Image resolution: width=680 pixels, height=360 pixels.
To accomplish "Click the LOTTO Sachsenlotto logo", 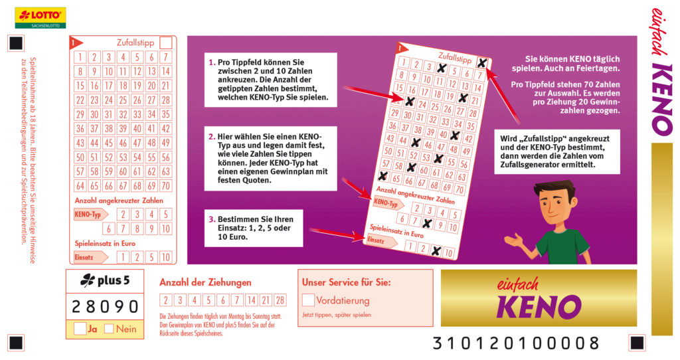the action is pos(41,18).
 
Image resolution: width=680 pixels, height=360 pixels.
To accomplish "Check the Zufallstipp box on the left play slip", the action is pos(165,43).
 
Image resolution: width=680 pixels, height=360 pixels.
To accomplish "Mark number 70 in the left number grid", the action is pos(165,185).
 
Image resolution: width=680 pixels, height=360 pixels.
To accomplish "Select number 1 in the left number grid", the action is pos(80,57).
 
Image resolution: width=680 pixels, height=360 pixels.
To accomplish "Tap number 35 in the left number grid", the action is pos(165,114).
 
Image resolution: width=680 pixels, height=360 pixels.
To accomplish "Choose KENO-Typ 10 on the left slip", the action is pos(165,228).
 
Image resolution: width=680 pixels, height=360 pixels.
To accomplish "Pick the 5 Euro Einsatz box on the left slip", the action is pos(151,257).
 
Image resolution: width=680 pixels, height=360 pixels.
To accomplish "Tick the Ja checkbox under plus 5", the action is pos(80,328).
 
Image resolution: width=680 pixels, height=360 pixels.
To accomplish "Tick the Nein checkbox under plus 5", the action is pos(109,328).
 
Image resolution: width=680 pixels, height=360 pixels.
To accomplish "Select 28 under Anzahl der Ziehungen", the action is pos(280,300).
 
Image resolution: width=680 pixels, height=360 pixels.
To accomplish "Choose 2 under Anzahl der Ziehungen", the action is pos(165,300).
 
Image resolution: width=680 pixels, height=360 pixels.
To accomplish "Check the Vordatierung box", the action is pos(308,300).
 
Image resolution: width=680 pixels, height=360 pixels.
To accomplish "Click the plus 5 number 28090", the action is pos(105,307).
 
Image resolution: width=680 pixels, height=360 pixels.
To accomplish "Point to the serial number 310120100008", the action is pos(516,343).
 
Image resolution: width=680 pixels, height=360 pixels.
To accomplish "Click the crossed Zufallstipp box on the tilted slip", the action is pos(482,63).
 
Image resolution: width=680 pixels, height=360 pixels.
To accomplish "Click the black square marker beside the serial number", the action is pos(637,343).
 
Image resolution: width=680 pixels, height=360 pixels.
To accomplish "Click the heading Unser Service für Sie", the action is pos(346,282).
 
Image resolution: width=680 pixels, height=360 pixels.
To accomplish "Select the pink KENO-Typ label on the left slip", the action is pos(90,215).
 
